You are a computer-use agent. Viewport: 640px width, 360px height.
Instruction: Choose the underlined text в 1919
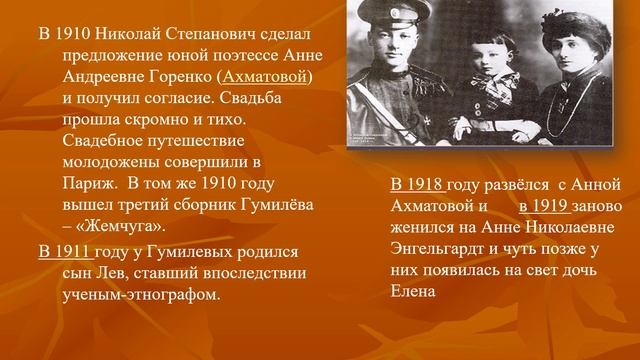[545, 207]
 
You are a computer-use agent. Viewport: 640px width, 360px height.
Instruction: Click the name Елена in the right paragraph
[415, 293]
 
